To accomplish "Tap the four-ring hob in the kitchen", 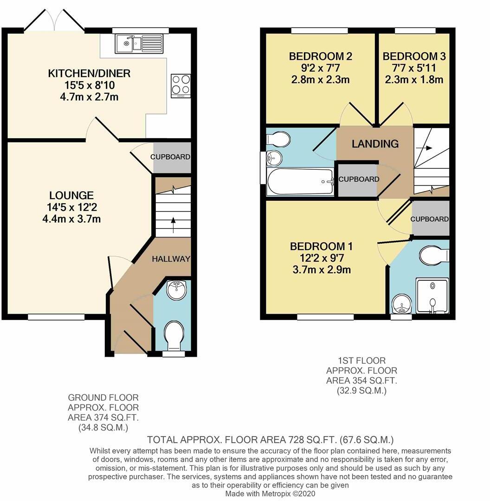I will pyautogui.click(x=181, y=84).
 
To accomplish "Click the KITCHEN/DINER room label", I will pyautogui.click(x=89, y=73).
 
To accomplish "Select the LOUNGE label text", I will pyautogui.click(x=72, y=195).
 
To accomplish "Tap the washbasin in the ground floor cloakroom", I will pyautogui.click(x=176, y=290).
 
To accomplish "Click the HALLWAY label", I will pyautogui.click(x=171, y=259).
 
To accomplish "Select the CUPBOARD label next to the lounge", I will pyautogui.click(x=170, y=157).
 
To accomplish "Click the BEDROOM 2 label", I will pyautogui.click(x=320, y=57).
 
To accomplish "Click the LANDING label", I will pyautogui.click(x=375, y=144).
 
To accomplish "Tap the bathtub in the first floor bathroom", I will pyautogui.click(x=301, y=182).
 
